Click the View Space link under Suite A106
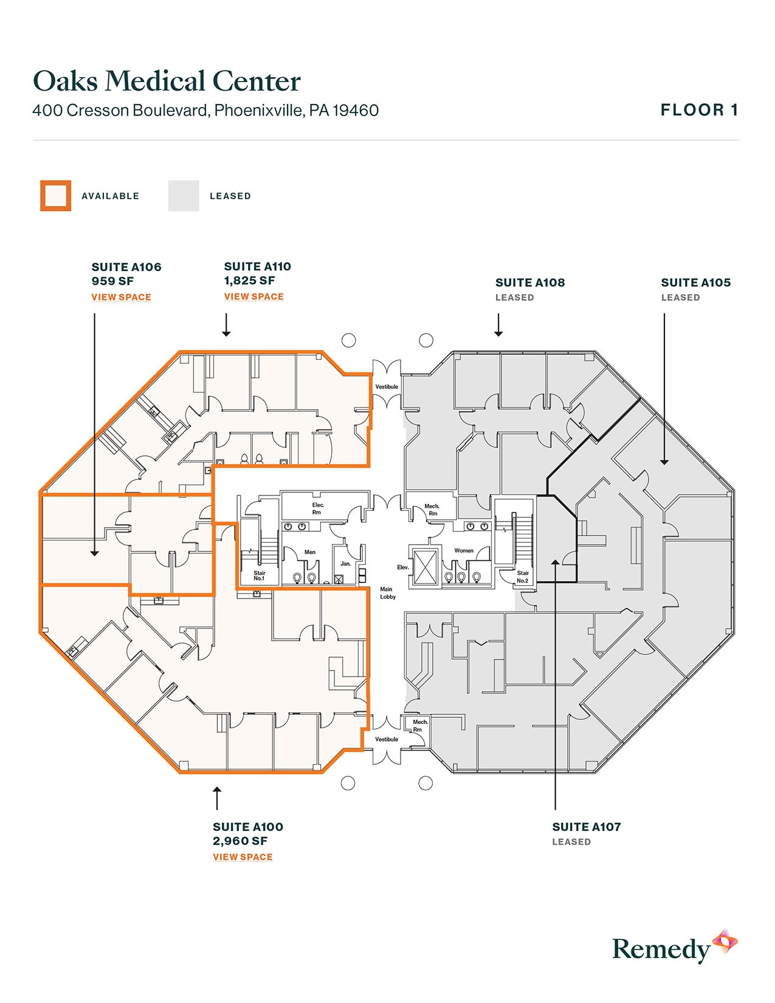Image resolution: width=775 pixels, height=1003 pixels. (x=121, y=297)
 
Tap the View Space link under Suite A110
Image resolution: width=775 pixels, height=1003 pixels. (x=253, y=297)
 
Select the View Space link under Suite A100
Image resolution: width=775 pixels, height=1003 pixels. (x=243, y=857)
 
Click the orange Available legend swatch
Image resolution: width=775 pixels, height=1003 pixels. (x=56, y=196)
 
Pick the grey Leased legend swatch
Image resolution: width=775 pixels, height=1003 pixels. (x=184, y=196)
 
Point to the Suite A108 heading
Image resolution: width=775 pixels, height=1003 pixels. (x=530, y=283)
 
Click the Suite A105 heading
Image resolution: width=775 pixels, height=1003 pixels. (x=696, y=283)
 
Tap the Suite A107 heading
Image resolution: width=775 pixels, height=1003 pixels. (x=587, y=827)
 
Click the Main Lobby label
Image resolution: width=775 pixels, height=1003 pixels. (x=387, y=593)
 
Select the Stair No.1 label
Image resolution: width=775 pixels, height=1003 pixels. (x=260, y=575)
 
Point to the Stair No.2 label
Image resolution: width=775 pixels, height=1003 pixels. (x=523, y=576)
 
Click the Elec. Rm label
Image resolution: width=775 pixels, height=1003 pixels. (x=318, y=508)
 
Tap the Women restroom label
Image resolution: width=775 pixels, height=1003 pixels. (x=464, y=551)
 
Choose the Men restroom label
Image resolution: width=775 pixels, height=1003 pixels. (x=310, y=552)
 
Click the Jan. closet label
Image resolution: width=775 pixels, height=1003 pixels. (x=345, y=564)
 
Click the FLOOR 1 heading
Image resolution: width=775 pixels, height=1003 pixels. (x=699, y=110)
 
